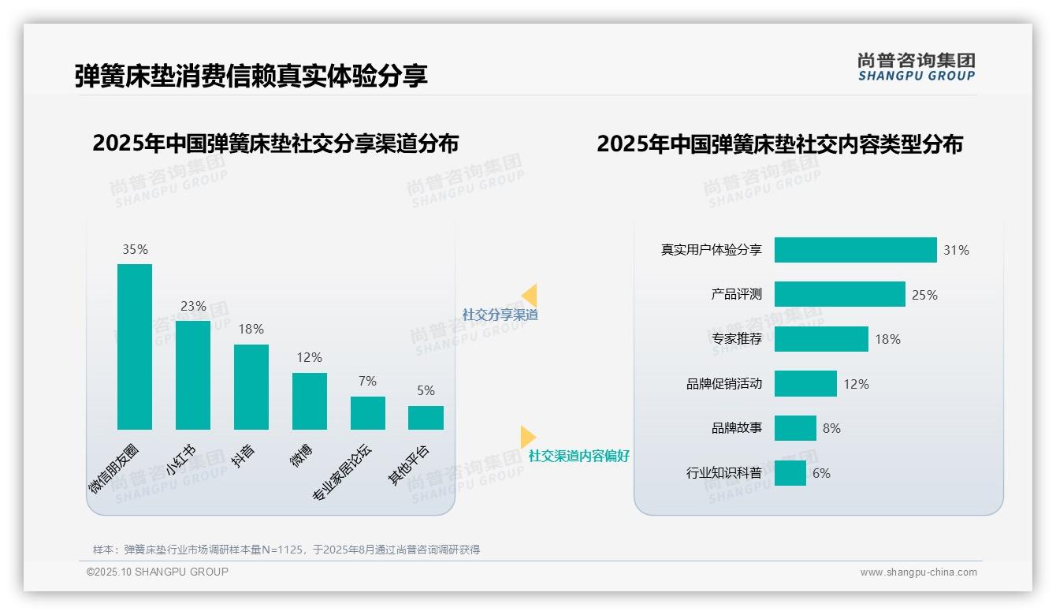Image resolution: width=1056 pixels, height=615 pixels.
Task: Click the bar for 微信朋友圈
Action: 135,347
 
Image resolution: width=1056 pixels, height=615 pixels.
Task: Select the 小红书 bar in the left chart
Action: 193,375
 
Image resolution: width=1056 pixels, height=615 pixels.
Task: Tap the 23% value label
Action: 193,306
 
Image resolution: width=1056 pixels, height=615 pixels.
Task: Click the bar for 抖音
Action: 251,387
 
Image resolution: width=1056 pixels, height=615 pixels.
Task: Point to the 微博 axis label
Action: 302,455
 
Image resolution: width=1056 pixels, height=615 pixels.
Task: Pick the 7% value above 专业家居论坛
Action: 367,381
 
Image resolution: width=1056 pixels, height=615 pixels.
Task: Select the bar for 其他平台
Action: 426,418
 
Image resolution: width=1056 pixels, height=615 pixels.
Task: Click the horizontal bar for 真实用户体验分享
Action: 855,250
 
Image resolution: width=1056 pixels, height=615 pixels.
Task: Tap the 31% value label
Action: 956,251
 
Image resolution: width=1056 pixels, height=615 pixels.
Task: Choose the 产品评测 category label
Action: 736,295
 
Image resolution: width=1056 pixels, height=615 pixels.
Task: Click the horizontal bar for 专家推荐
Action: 821,339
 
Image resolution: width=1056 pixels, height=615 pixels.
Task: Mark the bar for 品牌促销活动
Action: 805,384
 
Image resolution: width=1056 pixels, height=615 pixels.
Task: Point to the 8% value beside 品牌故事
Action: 831,429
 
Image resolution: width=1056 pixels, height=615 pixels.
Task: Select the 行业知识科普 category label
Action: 723,474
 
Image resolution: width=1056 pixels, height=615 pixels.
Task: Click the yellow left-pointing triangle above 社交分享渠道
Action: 530,295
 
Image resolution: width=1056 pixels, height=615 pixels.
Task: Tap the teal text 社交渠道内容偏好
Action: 578,457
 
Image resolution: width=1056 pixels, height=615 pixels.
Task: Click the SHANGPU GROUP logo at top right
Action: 916,67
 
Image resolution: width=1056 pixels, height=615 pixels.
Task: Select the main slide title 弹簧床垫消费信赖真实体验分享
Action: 251,76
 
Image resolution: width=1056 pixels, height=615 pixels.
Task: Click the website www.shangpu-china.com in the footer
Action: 918,572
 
